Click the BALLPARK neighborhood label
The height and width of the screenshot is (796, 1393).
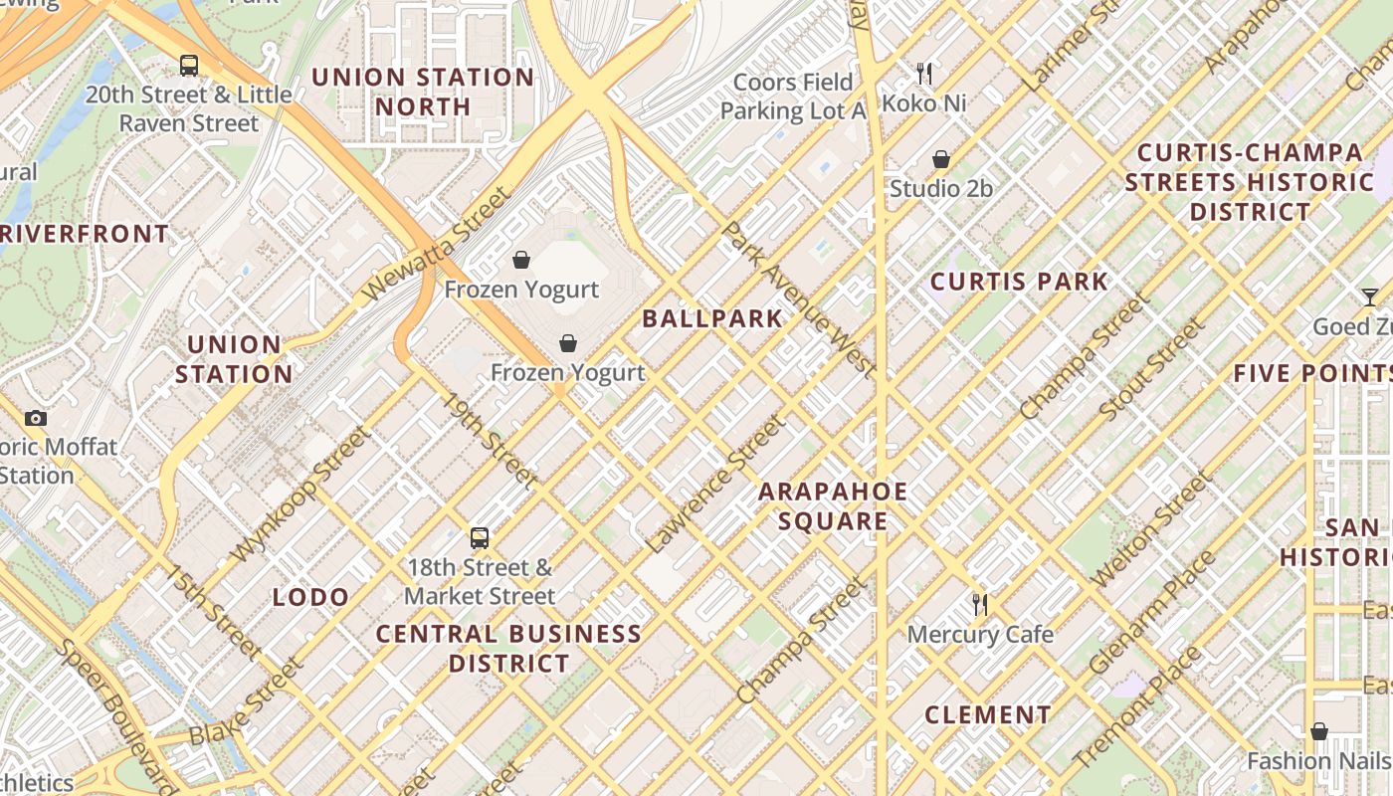point(712,319)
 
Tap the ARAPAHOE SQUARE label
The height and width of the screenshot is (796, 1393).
point(833,506)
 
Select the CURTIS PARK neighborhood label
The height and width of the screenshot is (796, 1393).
point(1019,282)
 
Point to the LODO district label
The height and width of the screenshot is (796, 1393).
point(310,597)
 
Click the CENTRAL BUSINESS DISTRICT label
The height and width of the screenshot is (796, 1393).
point(508,649)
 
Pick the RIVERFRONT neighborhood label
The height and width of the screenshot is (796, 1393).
point(85,235)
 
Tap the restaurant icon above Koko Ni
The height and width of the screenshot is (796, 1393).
point(924,73)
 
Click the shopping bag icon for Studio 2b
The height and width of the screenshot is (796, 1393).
point(940,159)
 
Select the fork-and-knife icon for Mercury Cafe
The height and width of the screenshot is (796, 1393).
point(980,604)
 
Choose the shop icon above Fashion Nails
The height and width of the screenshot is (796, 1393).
point(1318,731)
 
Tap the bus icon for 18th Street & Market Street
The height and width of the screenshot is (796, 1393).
point(480,538)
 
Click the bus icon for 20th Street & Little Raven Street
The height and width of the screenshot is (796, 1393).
point(188,66)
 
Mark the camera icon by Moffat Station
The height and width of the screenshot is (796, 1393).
point(36,418)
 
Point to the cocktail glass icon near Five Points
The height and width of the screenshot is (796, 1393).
point(1370,297)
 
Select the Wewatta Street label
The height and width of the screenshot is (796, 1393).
point(435,244)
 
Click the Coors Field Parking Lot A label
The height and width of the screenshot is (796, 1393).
point(793,97)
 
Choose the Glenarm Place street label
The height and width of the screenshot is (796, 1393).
point(1151,612)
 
